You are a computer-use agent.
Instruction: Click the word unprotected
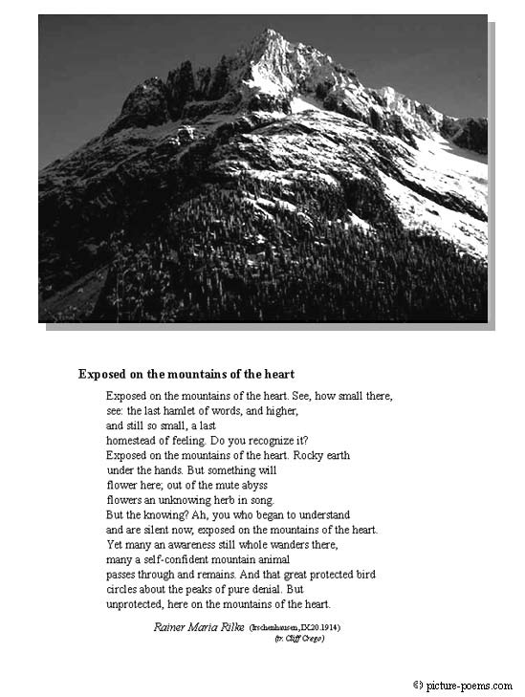tap(137, 604)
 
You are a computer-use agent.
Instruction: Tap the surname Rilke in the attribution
tap(229, 628)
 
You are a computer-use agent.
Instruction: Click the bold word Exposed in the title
tap(102, 374)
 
